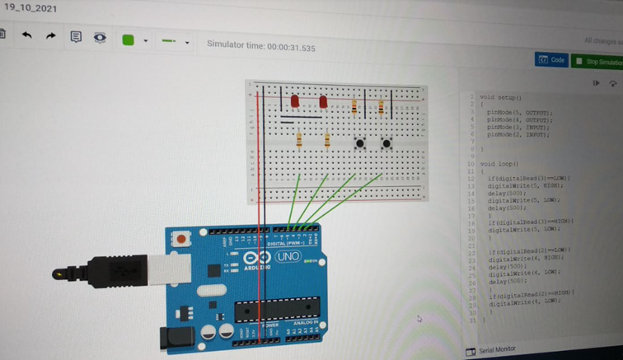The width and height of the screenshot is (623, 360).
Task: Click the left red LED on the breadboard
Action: (x=294, y=101)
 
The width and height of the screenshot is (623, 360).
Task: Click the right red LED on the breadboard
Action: (x=323, y=102)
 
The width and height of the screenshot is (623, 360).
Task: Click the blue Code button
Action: (x=551, y=60)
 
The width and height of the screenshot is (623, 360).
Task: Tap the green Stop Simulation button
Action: (x=599, y=62)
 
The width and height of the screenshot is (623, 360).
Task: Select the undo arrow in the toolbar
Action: (x=27, y=36)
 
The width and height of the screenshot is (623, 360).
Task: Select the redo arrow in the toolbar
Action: (x=51, y=36)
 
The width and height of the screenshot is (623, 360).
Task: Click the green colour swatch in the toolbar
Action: (x=128, y=40)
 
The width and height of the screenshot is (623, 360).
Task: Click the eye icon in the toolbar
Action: (x=100, y=37)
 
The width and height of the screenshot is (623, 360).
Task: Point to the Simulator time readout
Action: (x=260, y=46)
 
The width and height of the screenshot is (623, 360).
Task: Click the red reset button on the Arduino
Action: (x=180, y=239)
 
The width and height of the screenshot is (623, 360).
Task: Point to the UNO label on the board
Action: (x=288, y=257)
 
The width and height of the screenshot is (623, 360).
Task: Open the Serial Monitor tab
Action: (x=497, y=349)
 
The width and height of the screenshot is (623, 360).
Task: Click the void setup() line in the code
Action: (x=501, y=96)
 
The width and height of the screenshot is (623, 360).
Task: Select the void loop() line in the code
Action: (x=499, y=164)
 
